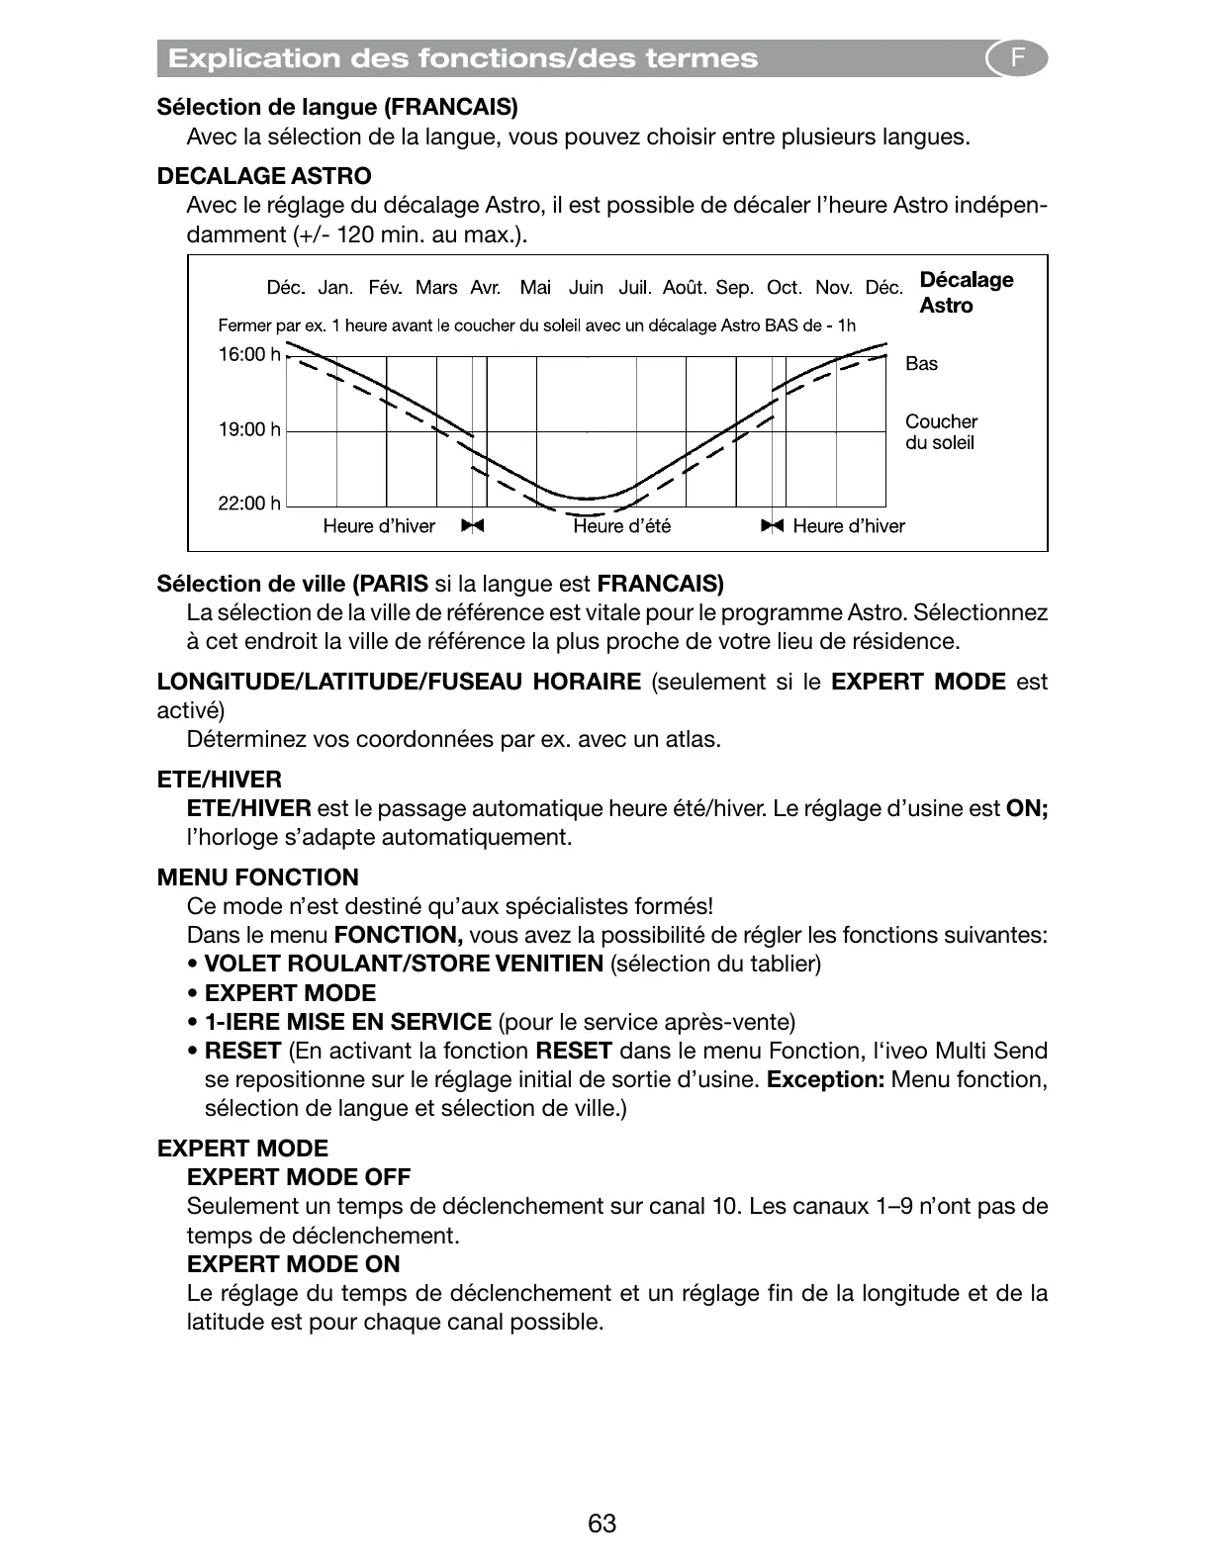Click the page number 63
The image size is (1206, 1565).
pos(602,1523)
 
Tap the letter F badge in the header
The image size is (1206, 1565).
pos(1017,59)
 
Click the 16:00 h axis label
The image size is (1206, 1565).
pos(248,354)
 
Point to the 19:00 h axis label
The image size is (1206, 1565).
pos(248,429)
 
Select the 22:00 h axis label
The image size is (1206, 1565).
pos(248,504)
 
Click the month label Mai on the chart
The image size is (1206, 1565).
pos(535,288)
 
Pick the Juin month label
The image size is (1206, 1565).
pos(586,288)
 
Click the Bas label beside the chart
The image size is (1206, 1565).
pos(921,364)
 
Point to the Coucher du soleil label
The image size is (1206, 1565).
pos(941,432)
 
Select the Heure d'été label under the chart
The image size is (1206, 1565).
pos(621,526)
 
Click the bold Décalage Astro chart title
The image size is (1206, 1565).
pos(966,292)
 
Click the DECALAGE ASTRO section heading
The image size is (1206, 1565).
pos(264,176)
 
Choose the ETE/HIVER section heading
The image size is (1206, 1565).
pos(219,780)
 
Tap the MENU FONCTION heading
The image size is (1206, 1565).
pos(257,877)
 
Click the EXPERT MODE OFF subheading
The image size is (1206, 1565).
pos(298,1177)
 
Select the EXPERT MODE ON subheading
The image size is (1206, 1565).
pos(293,1264)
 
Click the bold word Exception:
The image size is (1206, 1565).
pos(825,1079)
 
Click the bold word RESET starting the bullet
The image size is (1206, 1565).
pos(242,1051)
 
